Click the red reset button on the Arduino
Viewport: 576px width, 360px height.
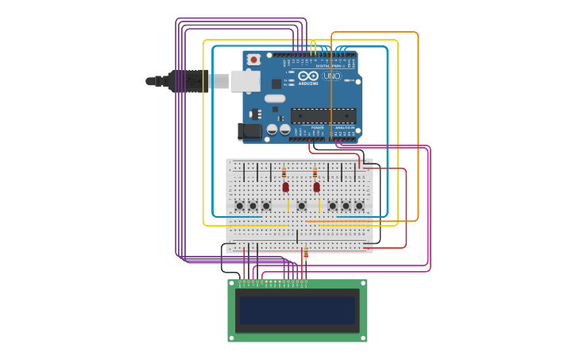click(253, 60)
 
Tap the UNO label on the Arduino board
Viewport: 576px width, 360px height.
click(332, 76)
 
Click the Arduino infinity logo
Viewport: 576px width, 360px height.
click(308, 75)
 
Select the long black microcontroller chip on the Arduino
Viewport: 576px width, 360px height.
click(323, 116)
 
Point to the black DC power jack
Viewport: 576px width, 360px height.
click(249, 131)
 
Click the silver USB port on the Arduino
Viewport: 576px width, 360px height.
click(245, 81)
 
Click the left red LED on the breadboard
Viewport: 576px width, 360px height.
click(285, 188)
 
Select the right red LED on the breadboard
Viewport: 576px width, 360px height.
click(316, 188)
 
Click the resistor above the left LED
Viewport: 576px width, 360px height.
click(284, 172)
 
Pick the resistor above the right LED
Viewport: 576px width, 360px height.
click(315, 172)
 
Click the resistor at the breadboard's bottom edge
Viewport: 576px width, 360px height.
click(306, 254)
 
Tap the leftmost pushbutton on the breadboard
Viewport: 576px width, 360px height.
click(239, 206)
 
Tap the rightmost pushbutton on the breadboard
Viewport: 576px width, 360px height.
click(359, 206)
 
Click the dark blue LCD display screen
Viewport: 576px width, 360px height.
click(297, 310)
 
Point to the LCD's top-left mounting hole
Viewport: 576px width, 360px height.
click(232, 283)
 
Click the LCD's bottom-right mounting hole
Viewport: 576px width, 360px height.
click(363, 338)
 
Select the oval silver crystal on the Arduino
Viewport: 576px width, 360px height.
click(274, 99)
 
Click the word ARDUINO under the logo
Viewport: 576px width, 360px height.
click(308, 83)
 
